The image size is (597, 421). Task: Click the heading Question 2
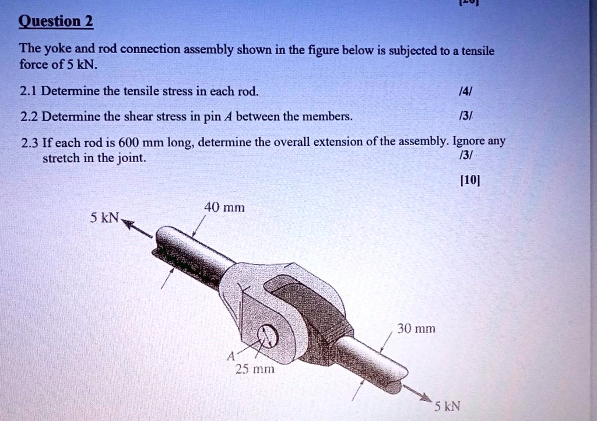tap(56, 22)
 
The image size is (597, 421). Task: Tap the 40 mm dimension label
tap(224, 207)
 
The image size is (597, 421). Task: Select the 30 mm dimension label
tap(416, 329)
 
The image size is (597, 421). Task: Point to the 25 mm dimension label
tap(251, 369)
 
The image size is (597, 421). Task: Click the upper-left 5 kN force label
tap(104, 218)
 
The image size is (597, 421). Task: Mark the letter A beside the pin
tap(231, 355)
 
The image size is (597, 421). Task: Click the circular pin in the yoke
tap(268, 336)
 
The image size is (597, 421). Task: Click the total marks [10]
tap(469, 180)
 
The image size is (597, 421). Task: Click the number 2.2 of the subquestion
tap(29, 117)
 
